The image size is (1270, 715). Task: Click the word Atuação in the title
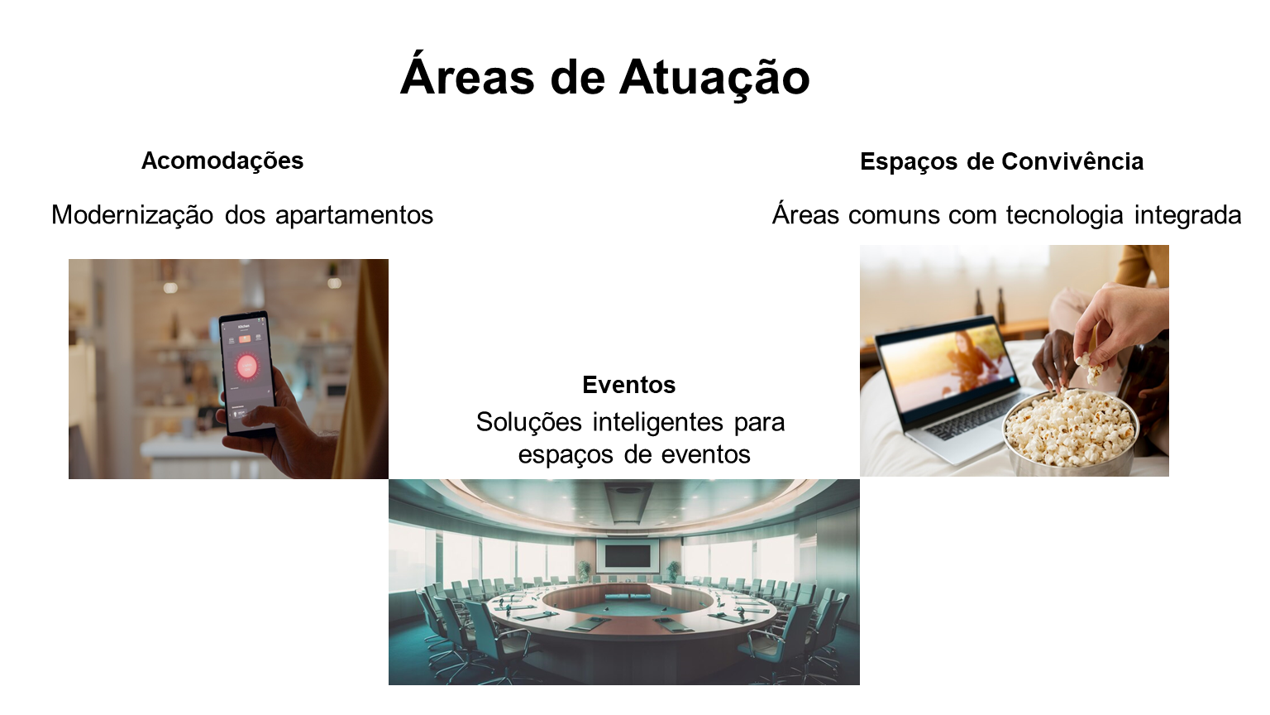point(714,78)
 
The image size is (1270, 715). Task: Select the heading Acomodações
point(222,161)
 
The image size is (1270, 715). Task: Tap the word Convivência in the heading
point(1072,161)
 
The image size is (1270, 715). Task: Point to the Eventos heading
point(628,385)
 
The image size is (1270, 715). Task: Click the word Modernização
point(132,216)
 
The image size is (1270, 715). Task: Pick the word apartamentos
point(355,216)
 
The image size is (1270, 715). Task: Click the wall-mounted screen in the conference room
point(627,556)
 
